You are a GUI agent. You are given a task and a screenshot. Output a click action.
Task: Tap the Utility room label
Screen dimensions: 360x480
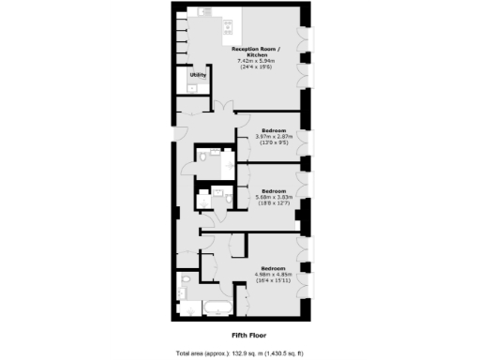198,74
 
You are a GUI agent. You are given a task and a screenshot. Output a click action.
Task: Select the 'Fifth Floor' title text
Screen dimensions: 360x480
246,334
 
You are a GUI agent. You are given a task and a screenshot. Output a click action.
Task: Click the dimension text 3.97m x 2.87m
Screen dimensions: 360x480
275,138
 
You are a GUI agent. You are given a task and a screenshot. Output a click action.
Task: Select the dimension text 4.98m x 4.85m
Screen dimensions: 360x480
275,274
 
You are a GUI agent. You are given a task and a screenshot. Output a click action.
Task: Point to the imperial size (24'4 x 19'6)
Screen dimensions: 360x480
260,67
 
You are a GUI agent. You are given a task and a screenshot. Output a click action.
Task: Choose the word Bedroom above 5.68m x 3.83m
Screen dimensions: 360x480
275,187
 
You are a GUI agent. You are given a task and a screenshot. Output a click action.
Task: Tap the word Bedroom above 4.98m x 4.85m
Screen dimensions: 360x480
275,267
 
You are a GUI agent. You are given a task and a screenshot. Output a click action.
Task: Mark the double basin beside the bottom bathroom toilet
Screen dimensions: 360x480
182,292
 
